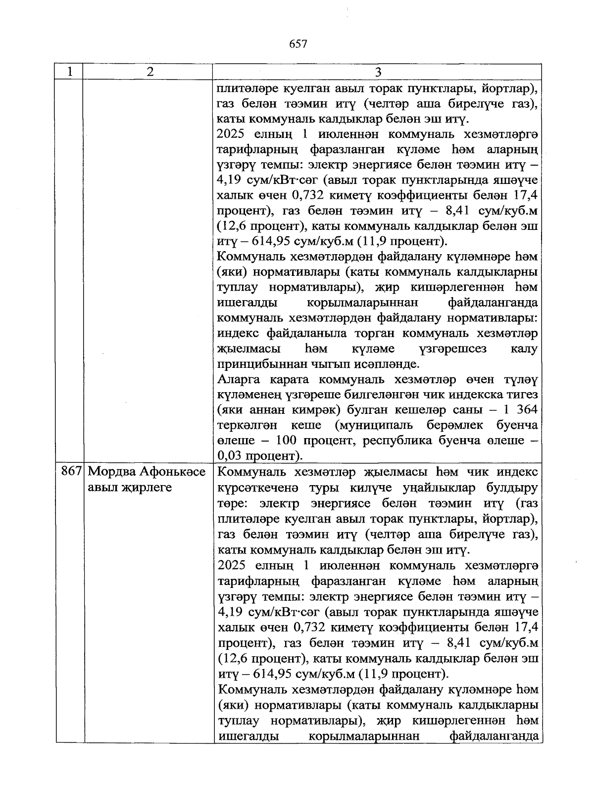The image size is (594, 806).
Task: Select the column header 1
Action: [x=70, y=72]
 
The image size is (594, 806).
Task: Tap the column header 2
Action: [x=149, y=72]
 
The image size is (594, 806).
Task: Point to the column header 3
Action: [x=378, y=72]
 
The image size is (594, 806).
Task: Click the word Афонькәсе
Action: [x=174, y=472]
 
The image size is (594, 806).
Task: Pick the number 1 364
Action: [x=519, y=410]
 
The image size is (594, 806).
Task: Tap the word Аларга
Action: [x=241, y=379]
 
